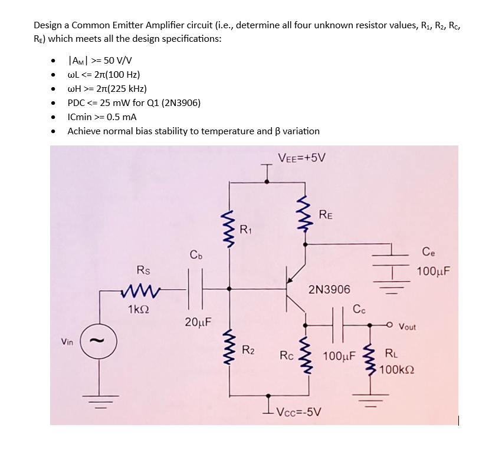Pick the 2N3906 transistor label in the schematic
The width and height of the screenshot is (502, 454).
pyautogui.click(x=329, y=289)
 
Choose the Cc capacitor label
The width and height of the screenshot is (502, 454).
pyautogui.click(x=359, y=308)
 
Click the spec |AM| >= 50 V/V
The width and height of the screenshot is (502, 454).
pyautogui.click(x=100, y=60)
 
